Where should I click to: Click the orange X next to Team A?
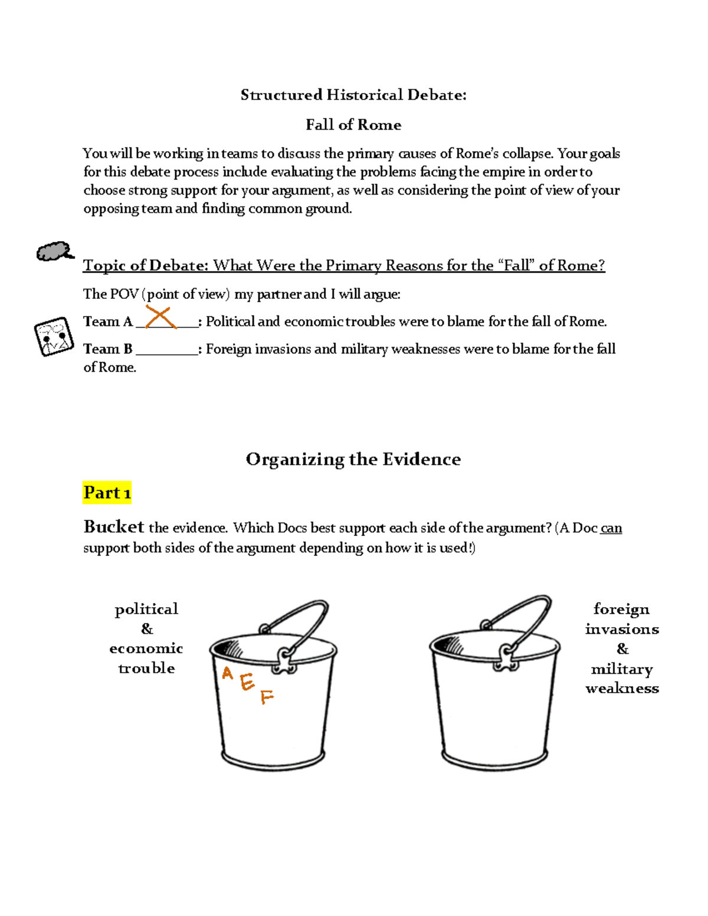tap(160, 317)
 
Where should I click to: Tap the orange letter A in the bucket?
tap(227, 673)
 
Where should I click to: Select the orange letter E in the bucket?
tap(247, 682)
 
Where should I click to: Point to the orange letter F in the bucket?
tap(267, 697)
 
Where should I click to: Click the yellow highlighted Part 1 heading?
tap(107, 492)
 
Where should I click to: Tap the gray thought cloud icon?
tap(55, 251)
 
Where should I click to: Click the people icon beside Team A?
tap(54, 337)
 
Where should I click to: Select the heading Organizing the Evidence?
tap(353, 459)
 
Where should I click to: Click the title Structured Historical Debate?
tap(353, 95)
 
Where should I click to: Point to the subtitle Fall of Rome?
tap(353, 125)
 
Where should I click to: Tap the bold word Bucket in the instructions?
tap(114, 526)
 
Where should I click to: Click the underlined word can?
tap(611, 528)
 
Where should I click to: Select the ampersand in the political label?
tap(147, 629)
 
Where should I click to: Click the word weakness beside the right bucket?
tap(622, 688)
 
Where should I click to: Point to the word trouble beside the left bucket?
tap(146, 668)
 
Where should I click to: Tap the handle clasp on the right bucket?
tap(506, 657)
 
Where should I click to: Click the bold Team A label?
tap(108, 322)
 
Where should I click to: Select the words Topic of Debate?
tap(145, 265)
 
